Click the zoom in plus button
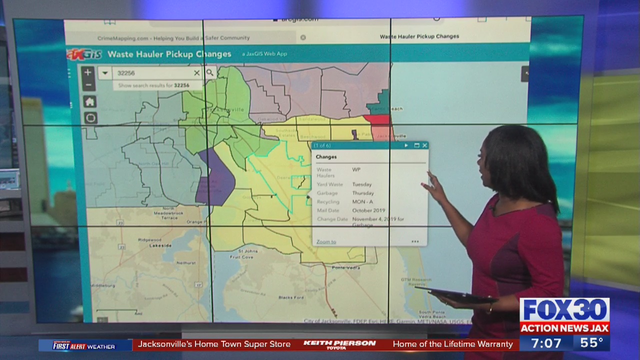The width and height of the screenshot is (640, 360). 87,72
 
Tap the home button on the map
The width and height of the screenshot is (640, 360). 89,102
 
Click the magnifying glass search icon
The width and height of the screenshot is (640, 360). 210,73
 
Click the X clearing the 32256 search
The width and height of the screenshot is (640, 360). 196,73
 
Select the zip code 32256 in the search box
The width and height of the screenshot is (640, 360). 126,73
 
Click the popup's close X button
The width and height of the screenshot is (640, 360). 424,145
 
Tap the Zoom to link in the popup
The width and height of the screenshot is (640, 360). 326,242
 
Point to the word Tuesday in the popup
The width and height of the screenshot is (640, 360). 361,184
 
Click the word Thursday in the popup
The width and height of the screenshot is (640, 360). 362,193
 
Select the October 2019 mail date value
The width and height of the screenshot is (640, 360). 368,210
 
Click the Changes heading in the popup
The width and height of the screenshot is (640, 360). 326,157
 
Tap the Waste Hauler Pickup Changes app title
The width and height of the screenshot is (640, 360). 169,54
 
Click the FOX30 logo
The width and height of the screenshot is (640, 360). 564,310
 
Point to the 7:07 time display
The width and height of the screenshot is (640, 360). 545,343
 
